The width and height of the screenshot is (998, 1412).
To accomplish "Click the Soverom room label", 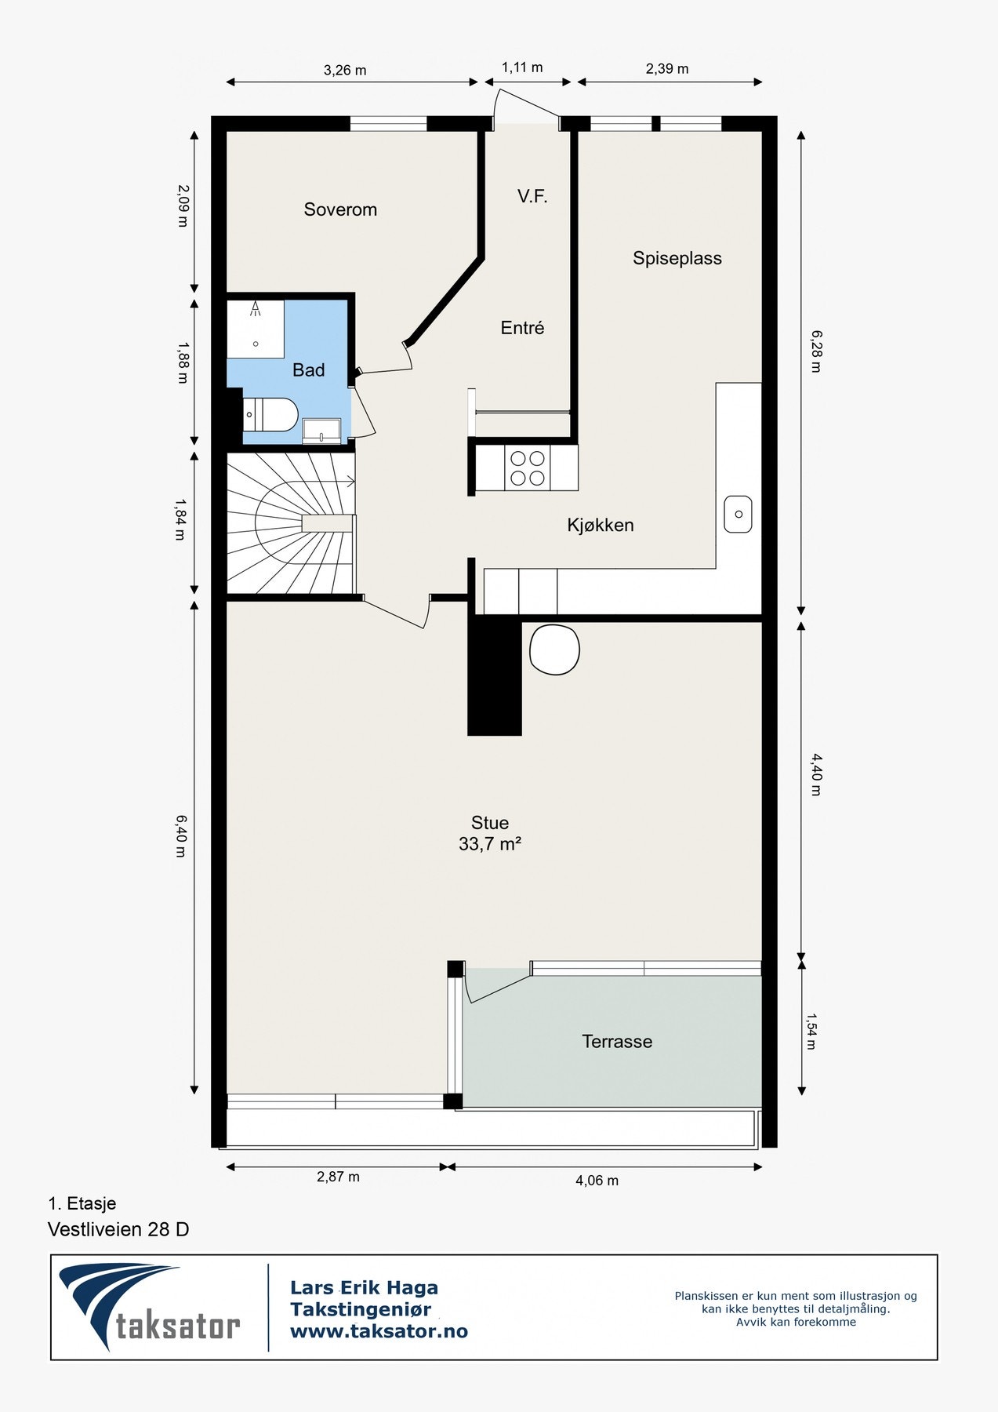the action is pyautogui.click(x=340, y=209).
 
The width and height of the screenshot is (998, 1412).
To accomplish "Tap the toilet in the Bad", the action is pyautogui.click(x=270, y=415).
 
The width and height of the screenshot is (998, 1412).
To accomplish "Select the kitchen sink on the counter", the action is pyautogui.click(x=738, y=514).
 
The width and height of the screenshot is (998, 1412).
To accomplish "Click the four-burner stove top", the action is pyautogui.click(x=528, y=468).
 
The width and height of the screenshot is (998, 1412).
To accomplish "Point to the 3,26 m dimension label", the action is pyautogui.click(x=345, y=70).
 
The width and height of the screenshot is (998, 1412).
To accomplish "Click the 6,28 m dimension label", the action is pyautogui.click(x=815, y=351).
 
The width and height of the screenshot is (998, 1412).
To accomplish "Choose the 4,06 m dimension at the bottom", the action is pyautogui.click(x=597, y=1180).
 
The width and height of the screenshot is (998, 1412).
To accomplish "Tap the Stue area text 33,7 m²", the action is pyautogui.click(x=490, y=844).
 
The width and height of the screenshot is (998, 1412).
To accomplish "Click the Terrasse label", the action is pyautogui.click(x=617, y=1042).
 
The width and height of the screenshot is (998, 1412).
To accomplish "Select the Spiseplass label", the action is pyautogui.click(x=677, y=258).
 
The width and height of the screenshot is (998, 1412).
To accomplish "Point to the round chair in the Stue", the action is pyautogui.click(x=554, y=650).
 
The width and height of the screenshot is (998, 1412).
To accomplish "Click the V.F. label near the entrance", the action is pyautogui.click(x=532, y=196).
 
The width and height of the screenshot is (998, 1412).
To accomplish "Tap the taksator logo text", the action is pyautogui.click(x=178, y=1326).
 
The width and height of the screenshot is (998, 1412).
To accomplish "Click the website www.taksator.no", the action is pyautogui.click(x=379, y=1331).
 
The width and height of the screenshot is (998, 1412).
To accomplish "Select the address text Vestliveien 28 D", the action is pyautogui.click(x=118, y=1229).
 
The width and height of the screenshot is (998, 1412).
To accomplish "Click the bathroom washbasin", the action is pyautogui.click(x=321, y=431).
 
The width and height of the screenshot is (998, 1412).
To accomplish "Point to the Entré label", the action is pyautogui.click(x=522, y=328).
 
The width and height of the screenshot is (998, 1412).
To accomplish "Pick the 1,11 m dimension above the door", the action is pyautogui.click(x=522, y=67).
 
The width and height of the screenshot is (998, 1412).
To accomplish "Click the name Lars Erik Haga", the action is pyautogui.click(x=364, y=1287).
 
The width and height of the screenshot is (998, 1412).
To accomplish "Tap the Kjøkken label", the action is pyautogui.click(x=601, y=525).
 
